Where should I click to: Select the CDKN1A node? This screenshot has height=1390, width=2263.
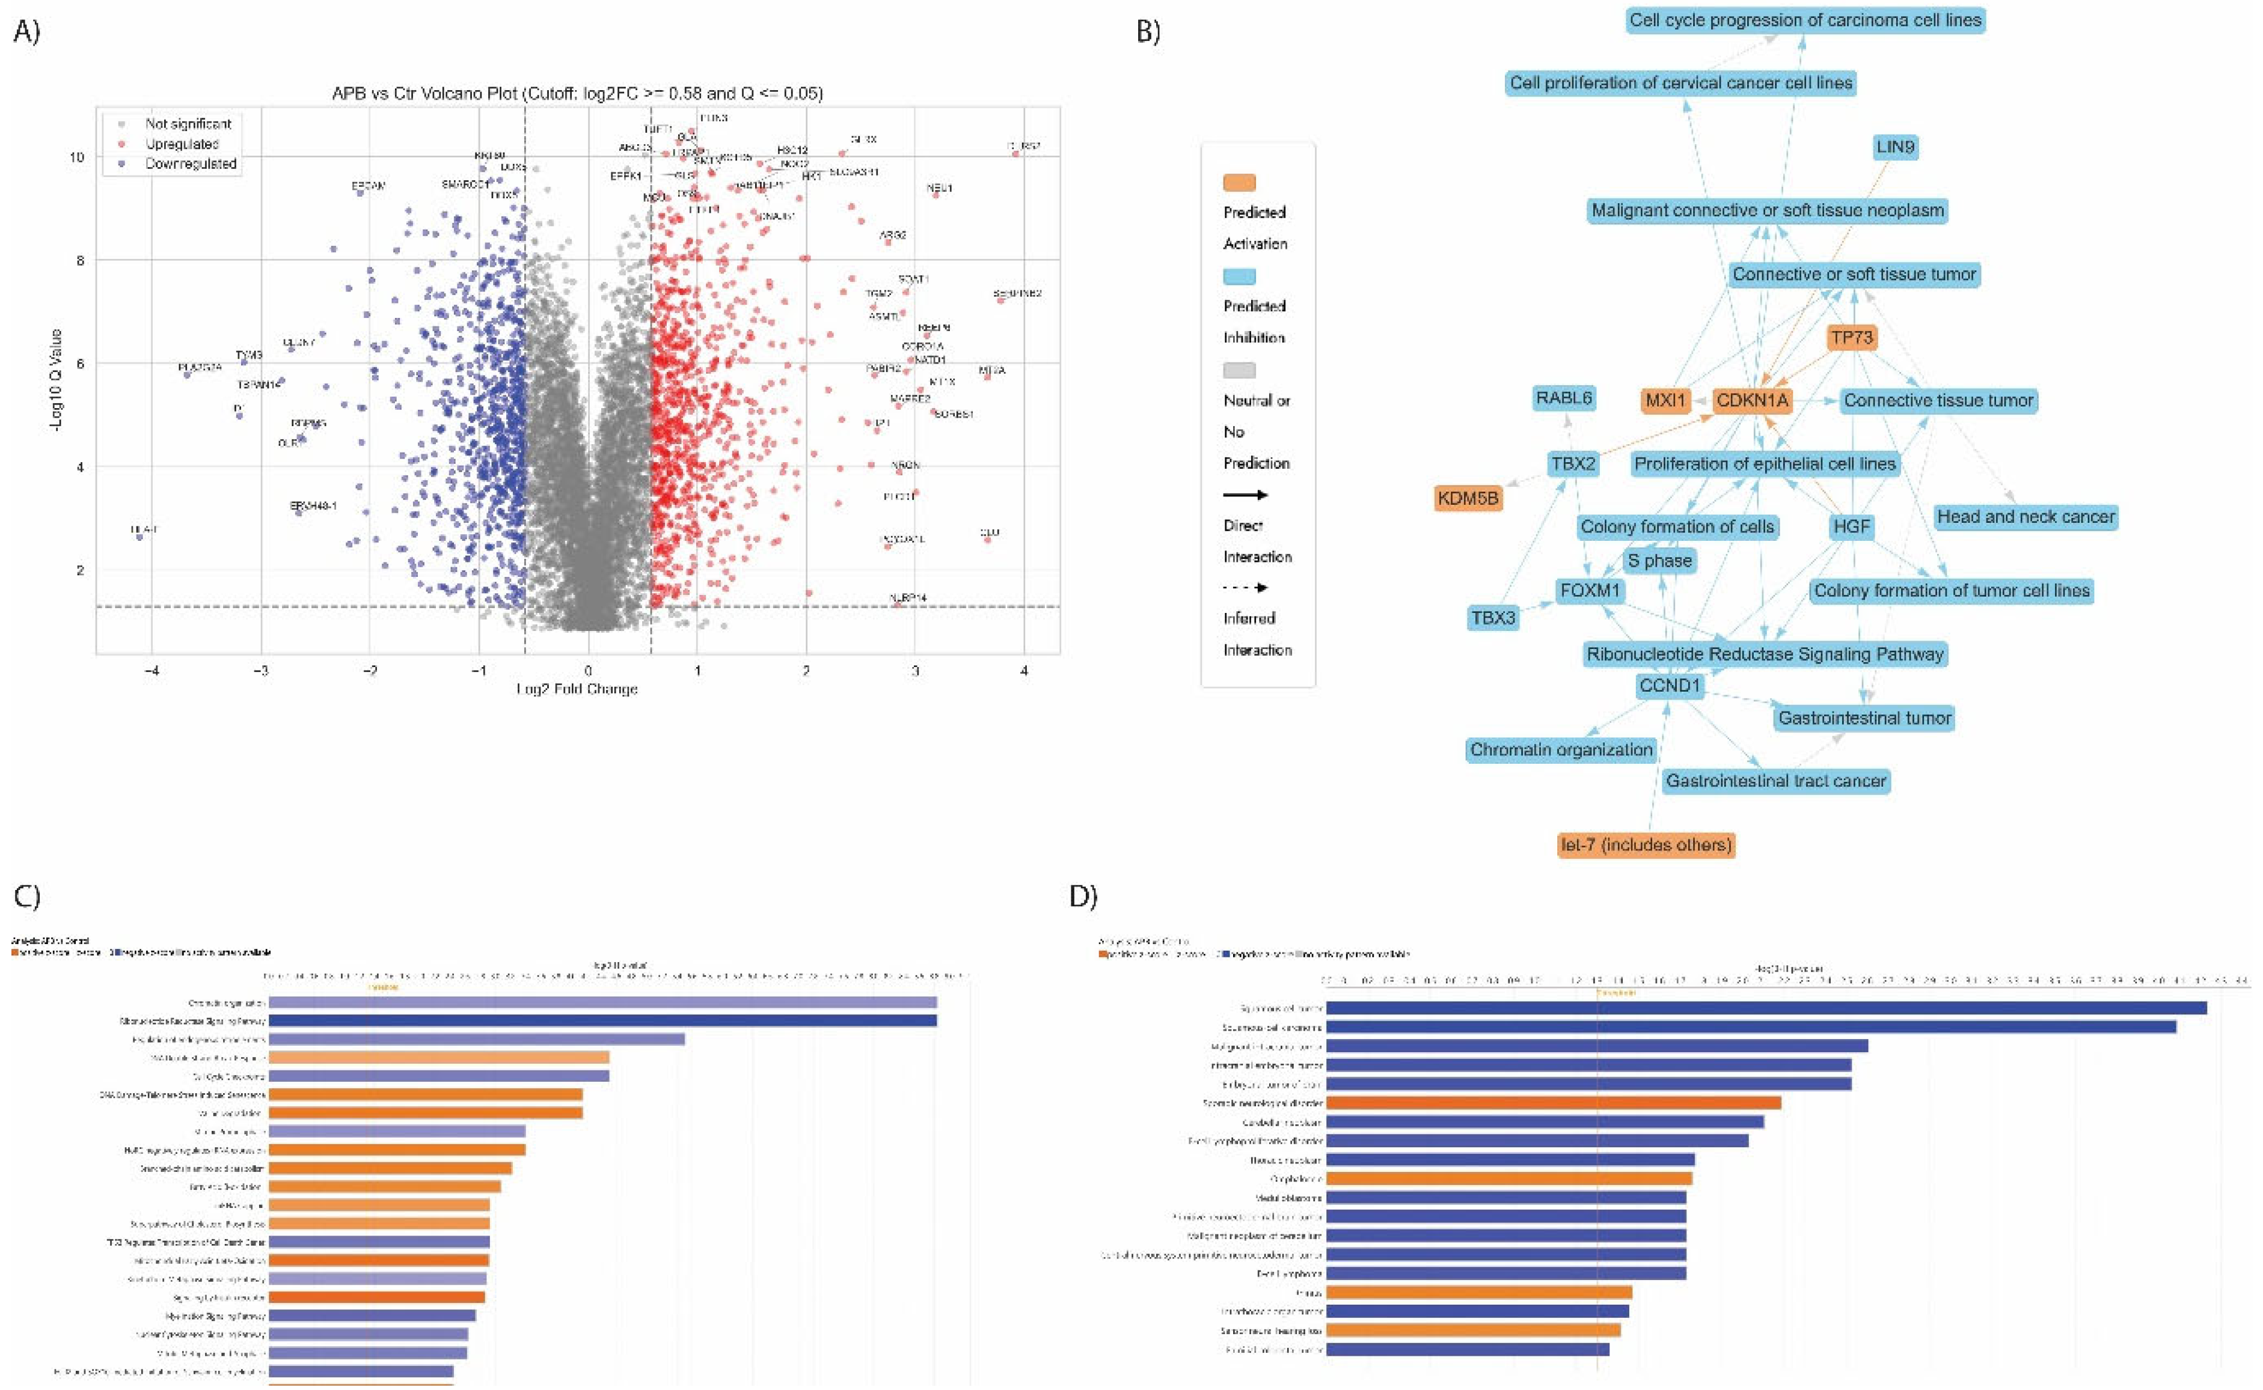(x=1752, y=400)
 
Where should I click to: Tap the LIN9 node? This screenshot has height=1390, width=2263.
(x=1895, y=147)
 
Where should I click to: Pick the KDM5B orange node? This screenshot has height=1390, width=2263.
(x=1468, y=498)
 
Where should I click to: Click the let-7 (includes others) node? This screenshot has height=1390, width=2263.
(x=1645, y=844)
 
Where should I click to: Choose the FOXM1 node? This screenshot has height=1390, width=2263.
(x=1590, y=590)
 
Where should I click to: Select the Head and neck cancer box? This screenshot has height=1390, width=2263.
(x=2026, y=517)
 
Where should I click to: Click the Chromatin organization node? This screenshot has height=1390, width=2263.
(x=1560, y=749)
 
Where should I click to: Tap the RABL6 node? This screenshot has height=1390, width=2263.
(x=1563, y=398)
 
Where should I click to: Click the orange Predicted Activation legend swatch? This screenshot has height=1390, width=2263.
(x=1239, y=183)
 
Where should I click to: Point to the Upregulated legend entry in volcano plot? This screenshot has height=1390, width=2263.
(x=181, y=144)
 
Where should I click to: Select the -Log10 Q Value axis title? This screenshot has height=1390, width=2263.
(x=56, y=380)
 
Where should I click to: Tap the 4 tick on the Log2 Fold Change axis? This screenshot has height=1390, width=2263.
(x=1023, y=670)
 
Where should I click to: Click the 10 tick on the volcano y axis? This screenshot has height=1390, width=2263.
(x=76, y=157)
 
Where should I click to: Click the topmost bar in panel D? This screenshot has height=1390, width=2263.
(x=1766, y=1008)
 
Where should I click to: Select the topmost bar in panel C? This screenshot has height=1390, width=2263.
(x=602, y=1002)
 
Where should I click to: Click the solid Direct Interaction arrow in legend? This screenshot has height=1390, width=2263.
(x=1245, y=495)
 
